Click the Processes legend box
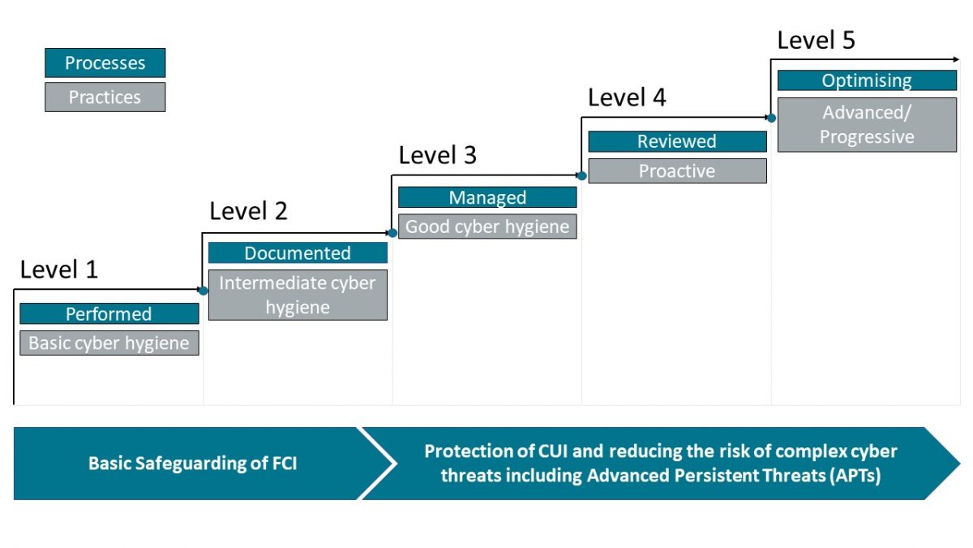coord(105,63)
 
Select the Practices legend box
coord(105,97)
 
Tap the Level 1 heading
coord(59,270)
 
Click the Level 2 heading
coord(248,211)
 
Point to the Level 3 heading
coord(438,155)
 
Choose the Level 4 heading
coord(627,97)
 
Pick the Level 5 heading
coord(816,40)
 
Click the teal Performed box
coord(109,313)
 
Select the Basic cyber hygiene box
coord(109,343)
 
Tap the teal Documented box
coord(298,252)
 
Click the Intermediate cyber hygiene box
coord(298,295)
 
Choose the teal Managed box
coord(487,197)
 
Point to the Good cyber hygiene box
coord(487,227)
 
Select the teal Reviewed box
coord(677,141)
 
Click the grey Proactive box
coord(677,170)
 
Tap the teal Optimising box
coord(867,80)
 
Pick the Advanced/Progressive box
coord(867,125)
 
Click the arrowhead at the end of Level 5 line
coord(954,59)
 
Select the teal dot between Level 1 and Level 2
coord(204,290)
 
